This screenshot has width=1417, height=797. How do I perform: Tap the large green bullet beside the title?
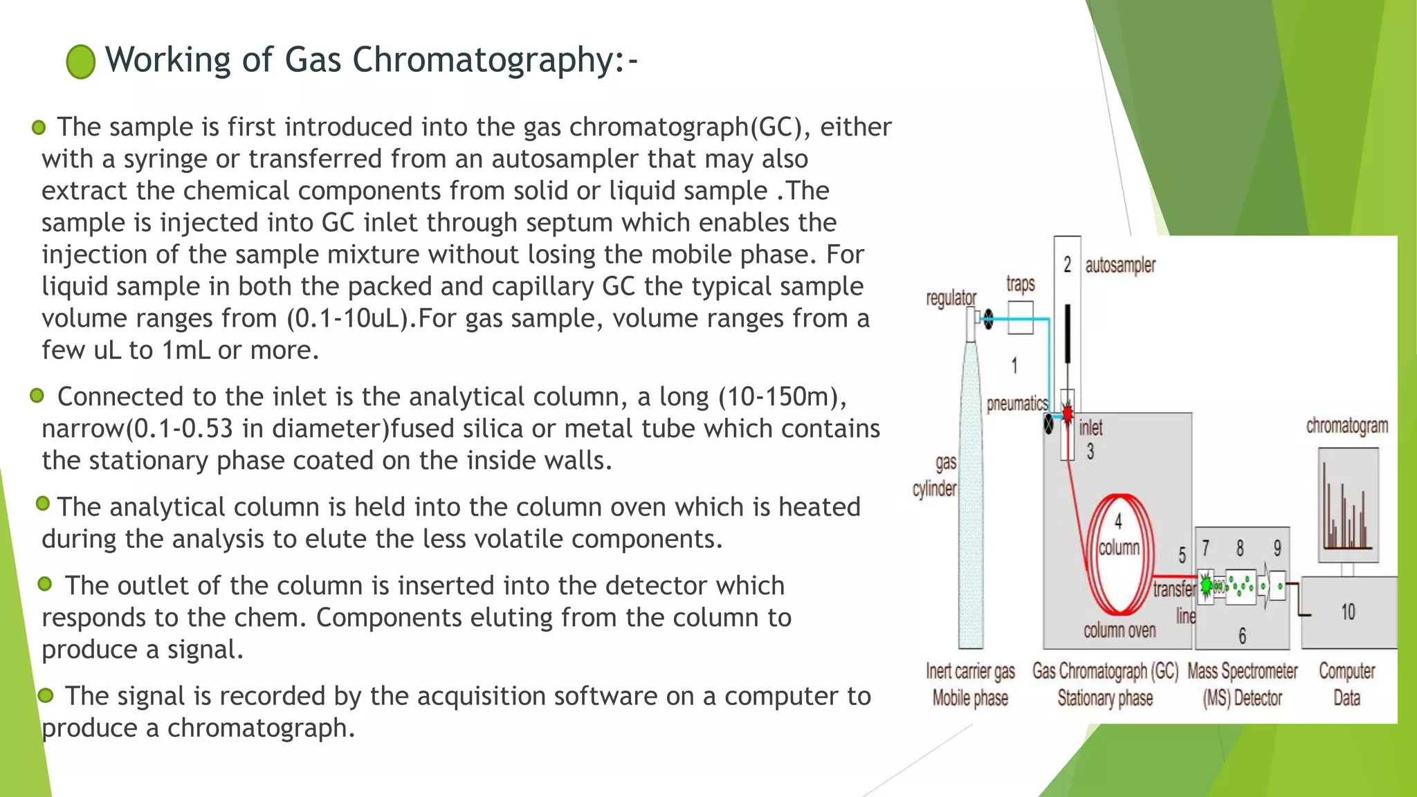(81, 62)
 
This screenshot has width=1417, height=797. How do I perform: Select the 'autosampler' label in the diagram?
(1119, 266)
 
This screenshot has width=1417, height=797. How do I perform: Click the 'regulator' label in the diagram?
(951, 298)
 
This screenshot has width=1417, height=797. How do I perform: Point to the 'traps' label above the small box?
(1021, 284)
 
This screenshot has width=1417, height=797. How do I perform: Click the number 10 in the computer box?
(1348, 612)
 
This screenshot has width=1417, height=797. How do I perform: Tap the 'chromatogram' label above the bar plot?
(1346, 425)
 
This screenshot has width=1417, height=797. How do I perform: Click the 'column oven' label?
(1119, 630)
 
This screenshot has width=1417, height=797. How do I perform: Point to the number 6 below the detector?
(1242, 636)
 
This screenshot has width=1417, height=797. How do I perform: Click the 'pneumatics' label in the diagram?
(1017, 403)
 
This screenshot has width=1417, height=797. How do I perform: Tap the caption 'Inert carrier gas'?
(970, 671)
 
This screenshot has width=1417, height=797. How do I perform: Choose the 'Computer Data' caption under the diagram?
(1346, 684)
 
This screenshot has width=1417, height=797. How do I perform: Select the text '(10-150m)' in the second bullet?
(782, 397)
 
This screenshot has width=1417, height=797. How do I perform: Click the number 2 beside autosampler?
(1067, 264)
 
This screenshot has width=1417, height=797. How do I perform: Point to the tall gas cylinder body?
(970, 498)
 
